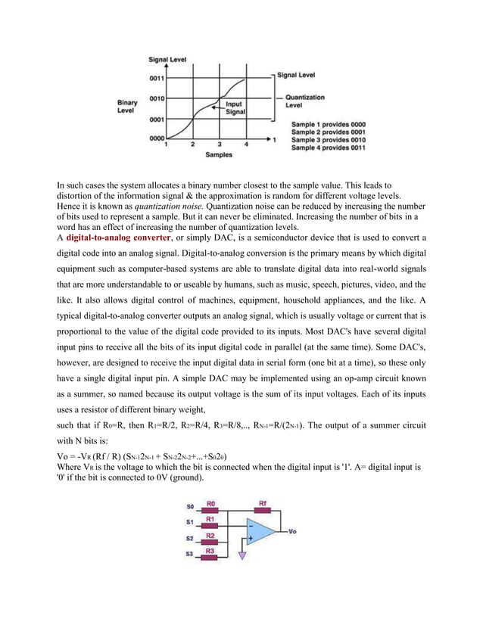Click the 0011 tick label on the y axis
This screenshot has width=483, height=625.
point(157,76)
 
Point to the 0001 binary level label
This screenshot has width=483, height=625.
point(157,120)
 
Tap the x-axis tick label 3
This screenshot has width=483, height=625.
point(219,144)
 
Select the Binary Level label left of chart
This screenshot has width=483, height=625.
point(126,105)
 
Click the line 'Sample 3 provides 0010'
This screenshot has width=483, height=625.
point(328,140)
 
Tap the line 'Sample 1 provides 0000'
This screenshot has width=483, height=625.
point(328,123)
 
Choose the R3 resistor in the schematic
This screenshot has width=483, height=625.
point(211,555)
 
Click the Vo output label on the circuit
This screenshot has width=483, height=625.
point(293,532)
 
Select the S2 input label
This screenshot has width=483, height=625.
point(189,539)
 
